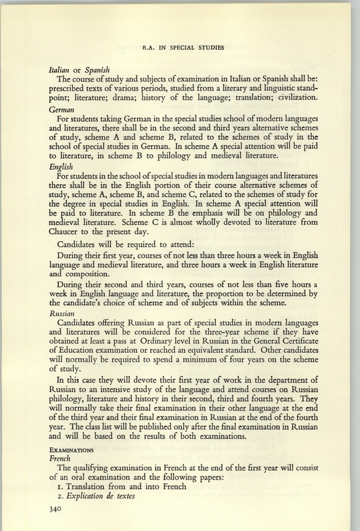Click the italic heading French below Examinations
[x=60, y=458]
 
